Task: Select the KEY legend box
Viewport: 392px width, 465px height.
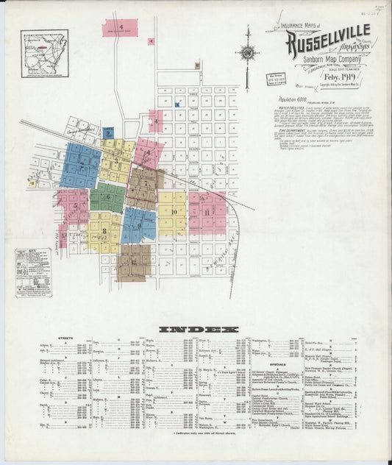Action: click(34, 272)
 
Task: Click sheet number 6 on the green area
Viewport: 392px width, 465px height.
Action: click(108, 197)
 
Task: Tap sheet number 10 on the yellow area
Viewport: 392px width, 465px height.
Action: click(174, 212)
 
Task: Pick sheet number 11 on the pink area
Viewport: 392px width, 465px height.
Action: click(207, 212)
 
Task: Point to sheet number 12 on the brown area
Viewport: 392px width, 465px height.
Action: click(134, 262)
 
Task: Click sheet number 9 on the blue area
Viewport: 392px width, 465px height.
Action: click(139, 225)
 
